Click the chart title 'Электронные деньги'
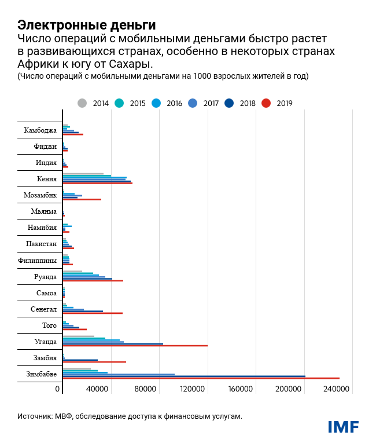click(x=86, y=25)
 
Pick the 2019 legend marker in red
click(x=266, y=103)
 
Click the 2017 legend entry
click(x=204, y=103)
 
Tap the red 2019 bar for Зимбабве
click(x=201, y=379)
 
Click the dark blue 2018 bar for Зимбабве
click(x=184, y=376)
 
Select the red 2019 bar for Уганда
click(x=135, y=346)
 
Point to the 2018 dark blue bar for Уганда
click(x=113, y=343)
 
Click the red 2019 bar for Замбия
click(x=94, y=362)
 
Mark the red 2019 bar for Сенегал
click(x=93, y=313)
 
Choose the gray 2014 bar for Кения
click(x=83, y=174)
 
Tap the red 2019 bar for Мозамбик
click(x=82, y=199)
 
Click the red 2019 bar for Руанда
click(x=93, y=281)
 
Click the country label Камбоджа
click(x=40, y=130)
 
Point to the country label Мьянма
click(x=43, y=211)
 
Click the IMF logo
click(x=343, y=427)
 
